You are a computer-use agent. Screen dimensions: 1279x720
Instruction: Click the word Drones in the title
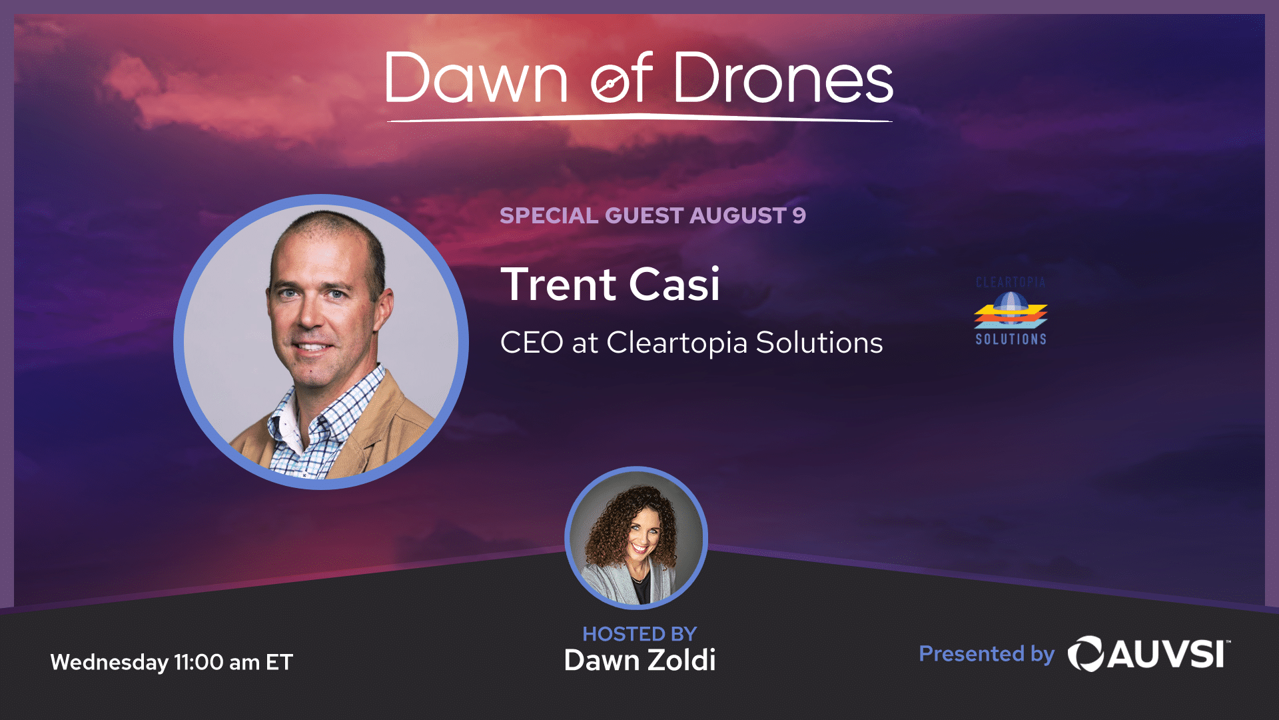(x=783, y=79)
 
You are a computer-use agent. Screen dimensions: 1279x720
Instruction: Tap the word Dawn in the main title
(x=476, y=79)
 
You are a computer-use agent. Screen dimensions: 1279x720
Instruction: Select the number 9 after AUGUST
(x=799, y=215)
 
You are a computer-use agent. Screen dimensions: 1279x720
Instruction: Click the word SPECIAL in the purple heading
(x=549, y=215)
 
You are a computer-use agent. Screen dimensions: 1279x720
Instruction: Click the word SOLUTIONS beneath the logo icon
(x=1011, y=339)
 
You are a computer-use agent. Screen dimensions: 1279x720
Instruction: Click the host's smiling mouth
(x=640, y=548)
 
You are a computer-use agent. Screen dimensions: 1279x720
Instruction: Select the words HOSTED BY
(x=639, y=634)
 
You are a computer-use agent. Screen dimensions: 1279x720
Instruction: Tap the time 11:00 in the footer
(x=199, y=662)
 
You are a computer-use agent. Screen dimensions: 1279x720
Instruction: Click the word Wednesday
(x=109, y=663)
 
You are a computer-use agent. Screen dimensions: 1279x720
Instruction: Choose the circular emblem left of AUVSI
(x=1086, y=653)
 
